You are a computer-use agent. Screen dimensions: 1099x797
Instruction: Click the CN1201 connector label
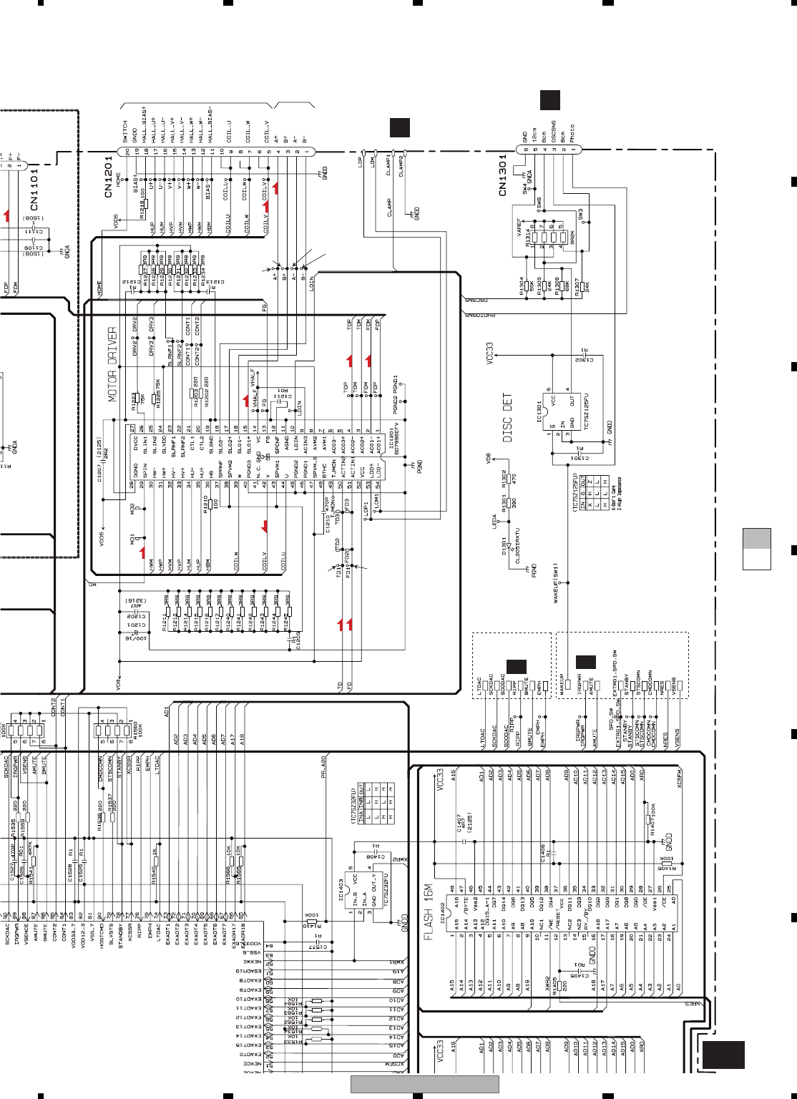[x=109, y=177]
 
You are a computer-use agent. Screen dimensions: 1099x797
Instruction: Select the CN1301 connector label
[x=502, y=175]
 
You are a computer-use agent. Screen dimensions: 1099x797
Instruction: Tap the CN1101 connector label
[x=34, y=187]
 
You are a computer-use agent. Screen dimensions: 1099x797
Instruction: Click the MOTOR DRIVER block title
[x=112, y=364]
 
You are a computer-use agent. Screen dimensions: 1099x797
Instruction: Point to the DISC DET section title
[x=507, y=417]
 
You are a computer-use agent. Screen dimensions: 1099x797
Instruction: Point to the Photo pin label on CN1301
[x=572, y=134]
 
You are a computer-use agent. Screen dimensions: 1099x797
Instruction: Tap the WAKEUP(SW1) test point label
[x=556, y=584]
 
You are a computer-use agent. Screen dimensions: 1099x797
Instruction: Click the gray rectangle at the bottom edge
[x=424, y=1085]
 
